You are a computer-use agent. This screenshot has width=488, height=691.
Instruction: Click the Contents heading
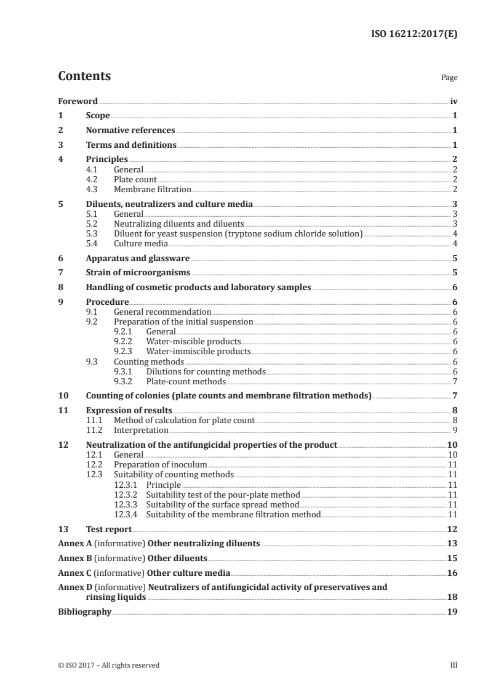pyautogui.click(x=84, y=77)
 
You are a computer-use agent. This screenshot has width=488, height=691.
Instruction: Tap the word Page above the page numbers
pyautogui.click(x=449, y=78)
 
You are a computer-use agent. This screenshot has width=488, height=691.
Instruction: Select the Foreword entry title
pyautogui.click(x=78, y=101)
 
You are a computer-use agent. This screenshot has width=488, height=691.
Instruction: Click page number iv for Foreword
pyautogui.click(x=453, y=101)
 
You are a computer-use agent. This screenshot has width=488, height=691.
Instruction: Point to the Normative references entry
pyautogui.click(x=130, y=131)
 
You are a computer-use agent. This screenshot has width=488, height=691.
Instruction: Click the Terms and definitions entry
pyautogui.click(x=131, y=145)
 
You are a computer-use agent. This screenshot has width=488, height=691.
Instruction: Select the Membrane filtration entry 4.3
pyautogui.click(x=153, y=190)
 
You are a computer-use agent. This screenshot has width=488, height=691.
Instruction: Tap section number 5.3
pyautogui.click(x=94, y=234)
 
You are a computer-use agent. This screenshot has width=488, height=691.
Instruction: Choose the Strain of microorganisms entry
pyautogui.click(x=138, y=273)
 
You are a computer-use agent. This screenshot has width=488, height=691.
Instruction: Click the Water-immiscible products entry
pyautogui.click(x=198, y=352)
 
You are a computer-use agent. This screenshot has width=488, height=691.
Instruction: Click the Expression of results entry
pyautogui.click(x=129, y=411)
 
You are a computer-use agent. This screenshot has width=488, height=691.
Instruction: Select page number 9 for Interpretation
pyautogui.click(x=454, y=430)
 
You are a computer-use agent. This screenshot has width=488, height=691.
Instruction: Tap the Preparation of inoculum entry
pyautogui.click(x=160, y=464)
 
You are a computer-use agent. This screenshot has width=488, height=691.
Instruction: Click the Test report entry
pyautogui.click(x=108, y=528)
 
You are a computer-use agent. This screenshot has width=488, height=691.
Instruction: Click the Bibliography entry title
pyautogui.click(x=84, y=612)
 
